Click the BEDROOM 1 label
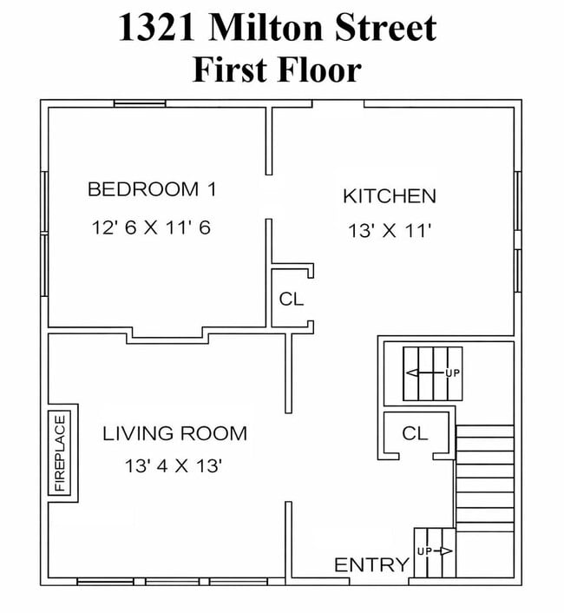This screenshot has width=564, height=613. pyautogui.click(x=152, y=189)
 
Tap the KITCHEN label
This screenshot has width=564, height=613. pyautogui.click(x=390, y=196)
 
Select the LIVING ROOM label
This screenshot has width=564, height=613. pyautogui.click(x=174, y=433)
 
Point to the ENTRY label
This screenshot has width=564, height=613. pyautogui.click(x=371, y=565)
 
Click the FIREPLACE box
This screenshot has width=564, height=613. pyautogui.click(x=59, y=452)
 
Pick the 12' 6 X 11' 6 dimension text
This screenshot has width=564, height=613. pyautogui.click(x=151, y=227)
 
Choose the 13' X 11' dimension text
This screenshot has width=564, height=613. pyautogui.click(x=390, y=230)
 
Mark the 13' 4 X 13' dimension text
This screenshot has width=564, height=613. pyautogui.click(x=174, y=465)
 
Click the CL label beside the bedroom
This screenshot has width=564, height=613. pyautogui.click(x=292, y=299)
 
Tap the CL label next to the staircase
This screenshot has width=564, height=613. pyautogui.click(x=415, y=433)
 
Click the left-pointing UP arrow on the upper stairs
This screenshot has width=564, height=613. pyautogui.click(x=425, y=373)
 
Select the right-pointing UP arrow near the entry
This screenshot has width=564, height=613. pyautogui.click(x=440, y=551)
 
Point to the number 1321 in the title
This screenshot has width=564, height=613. pyautogui.click(x=157, y=28)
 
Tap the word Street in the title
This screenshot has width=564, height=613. pyautogui.click(x=385, y=28)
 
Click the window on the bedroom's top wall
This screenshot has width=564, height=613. pyautogui.click(x=140, y=103)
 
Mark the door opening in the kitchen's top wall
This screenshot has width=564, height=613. pyautogui.click(x=338, y=103)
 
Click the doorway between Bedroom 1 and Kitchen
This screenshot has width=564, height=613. pyautogui.click(x=269, y=196)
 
